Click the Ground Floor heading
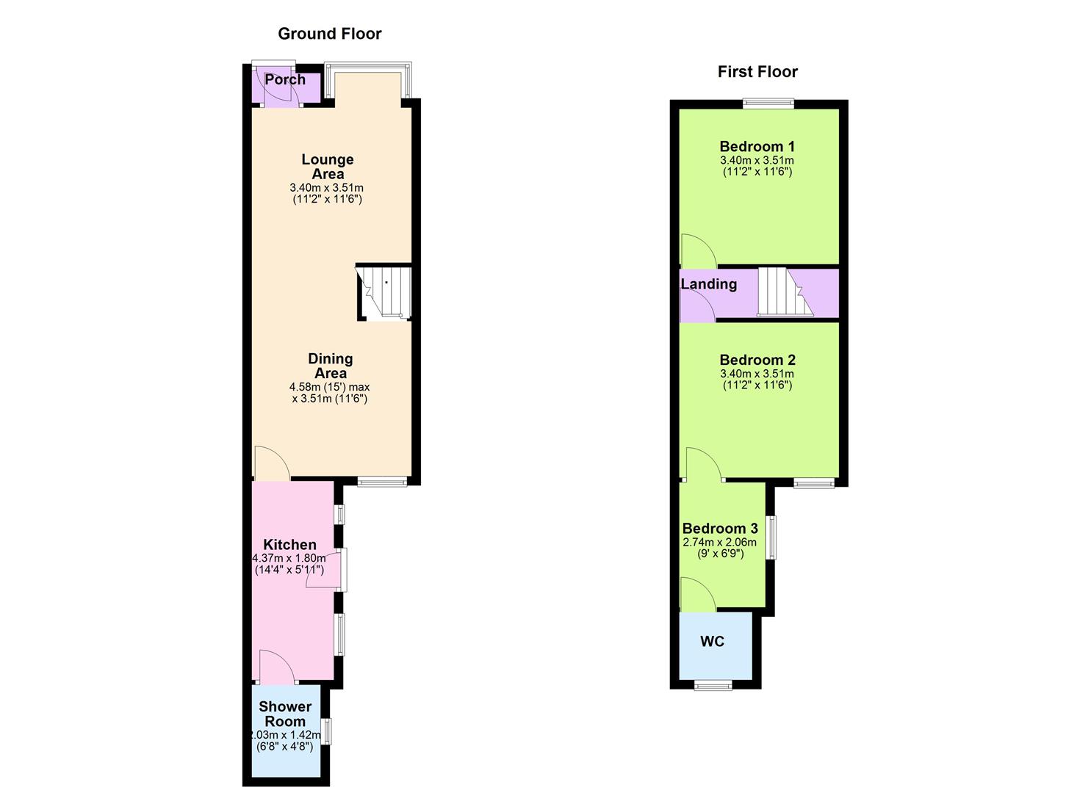(329, 34)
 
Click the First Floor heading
(757, 72)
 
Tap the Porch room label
(285, 79)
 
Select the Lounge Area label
(328, 167)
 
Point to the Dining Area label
(330, 366)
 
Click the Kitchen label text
(289, 545)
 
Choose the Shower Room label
(285, 714)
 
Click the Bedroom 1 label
(757, 147)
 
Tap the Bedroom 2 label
(757, 361)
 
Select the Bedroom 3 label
(720, 529)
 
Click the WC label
(712, 642)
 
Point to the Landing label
(708, 284)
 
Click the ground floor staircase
(384, 292)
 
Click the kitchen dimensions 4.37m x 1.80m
(289, 559)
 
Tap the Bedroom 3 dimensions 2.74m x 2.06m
(720, 543)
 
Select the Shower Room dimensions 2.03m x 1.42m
(285, 735)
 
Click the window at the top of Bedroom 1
(768, 104)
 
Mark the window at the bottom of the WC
(713, 686)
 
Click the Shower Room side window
(328, 731)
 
